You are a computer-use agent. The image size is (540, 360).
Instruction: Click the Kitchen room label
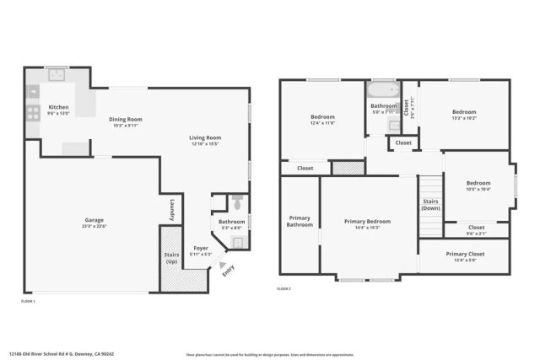click(x=58, y=107)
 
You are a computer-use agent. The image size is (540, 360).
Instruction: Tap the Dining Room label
click(x=126, y=119)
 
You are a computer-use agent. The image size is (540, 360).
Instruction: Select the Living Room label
click(x=205, y=137)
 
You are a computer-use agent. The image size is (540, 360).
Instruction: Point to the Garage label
click(x=94, y=220)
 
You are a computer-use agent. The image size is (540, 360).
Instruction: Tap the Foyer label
click(x=201, y=248)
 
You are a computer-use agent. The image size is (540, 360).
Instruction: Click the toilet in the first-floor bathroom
click(x=237, y=203)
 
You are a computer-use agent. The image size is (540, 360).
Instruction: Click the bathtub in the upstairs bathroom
click(x=383, y=89)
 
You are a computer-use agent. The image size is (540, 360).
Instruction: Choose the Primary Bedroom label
click(x=367, y=221)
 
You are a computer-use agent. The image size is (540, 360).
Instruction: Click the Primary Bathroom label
click(x=300, y=222)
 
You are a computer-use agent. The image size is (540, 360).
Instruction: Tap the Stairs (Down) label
click(x=431, y=205)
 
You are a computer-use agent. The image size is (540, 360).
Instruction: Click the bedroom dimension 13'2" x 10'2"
click(x=463, y=119)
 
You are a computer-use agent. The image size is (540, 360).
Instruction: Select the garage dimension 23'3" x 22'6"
click(x=94, y=227)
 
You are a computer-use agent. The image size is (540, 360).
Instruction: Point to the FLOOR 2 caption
click(x=283, y=289)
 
